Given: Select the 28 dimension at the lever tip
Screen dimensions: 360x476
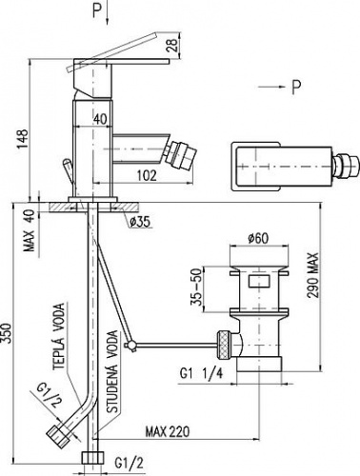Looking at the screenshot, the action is [x=171, y=46].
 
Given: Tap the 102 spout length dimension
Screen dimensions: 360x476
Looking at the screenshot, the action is [x=146, y=175].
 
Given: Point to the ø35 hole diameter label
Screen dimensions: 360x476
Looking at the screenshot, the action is [x=139, y=222].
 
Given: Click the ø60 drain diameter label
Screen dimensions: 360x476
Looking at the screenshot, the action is [x=258, y=238].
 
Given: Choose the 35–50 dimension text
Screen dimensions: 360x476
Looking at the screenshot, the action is [x=196, y=287].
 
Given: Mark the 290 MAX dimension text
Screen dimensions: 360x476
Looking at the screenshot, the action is [x=312, y=275].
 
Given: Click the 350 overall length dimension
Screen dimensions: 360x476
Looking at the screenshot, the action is [x=7, y=333].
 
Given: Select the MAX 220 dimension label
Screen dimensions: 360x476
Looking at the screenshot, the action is [x=168, y=431].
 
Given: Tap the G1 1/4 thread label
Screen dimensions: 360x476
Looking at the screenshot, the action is [x=201, y=373].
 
